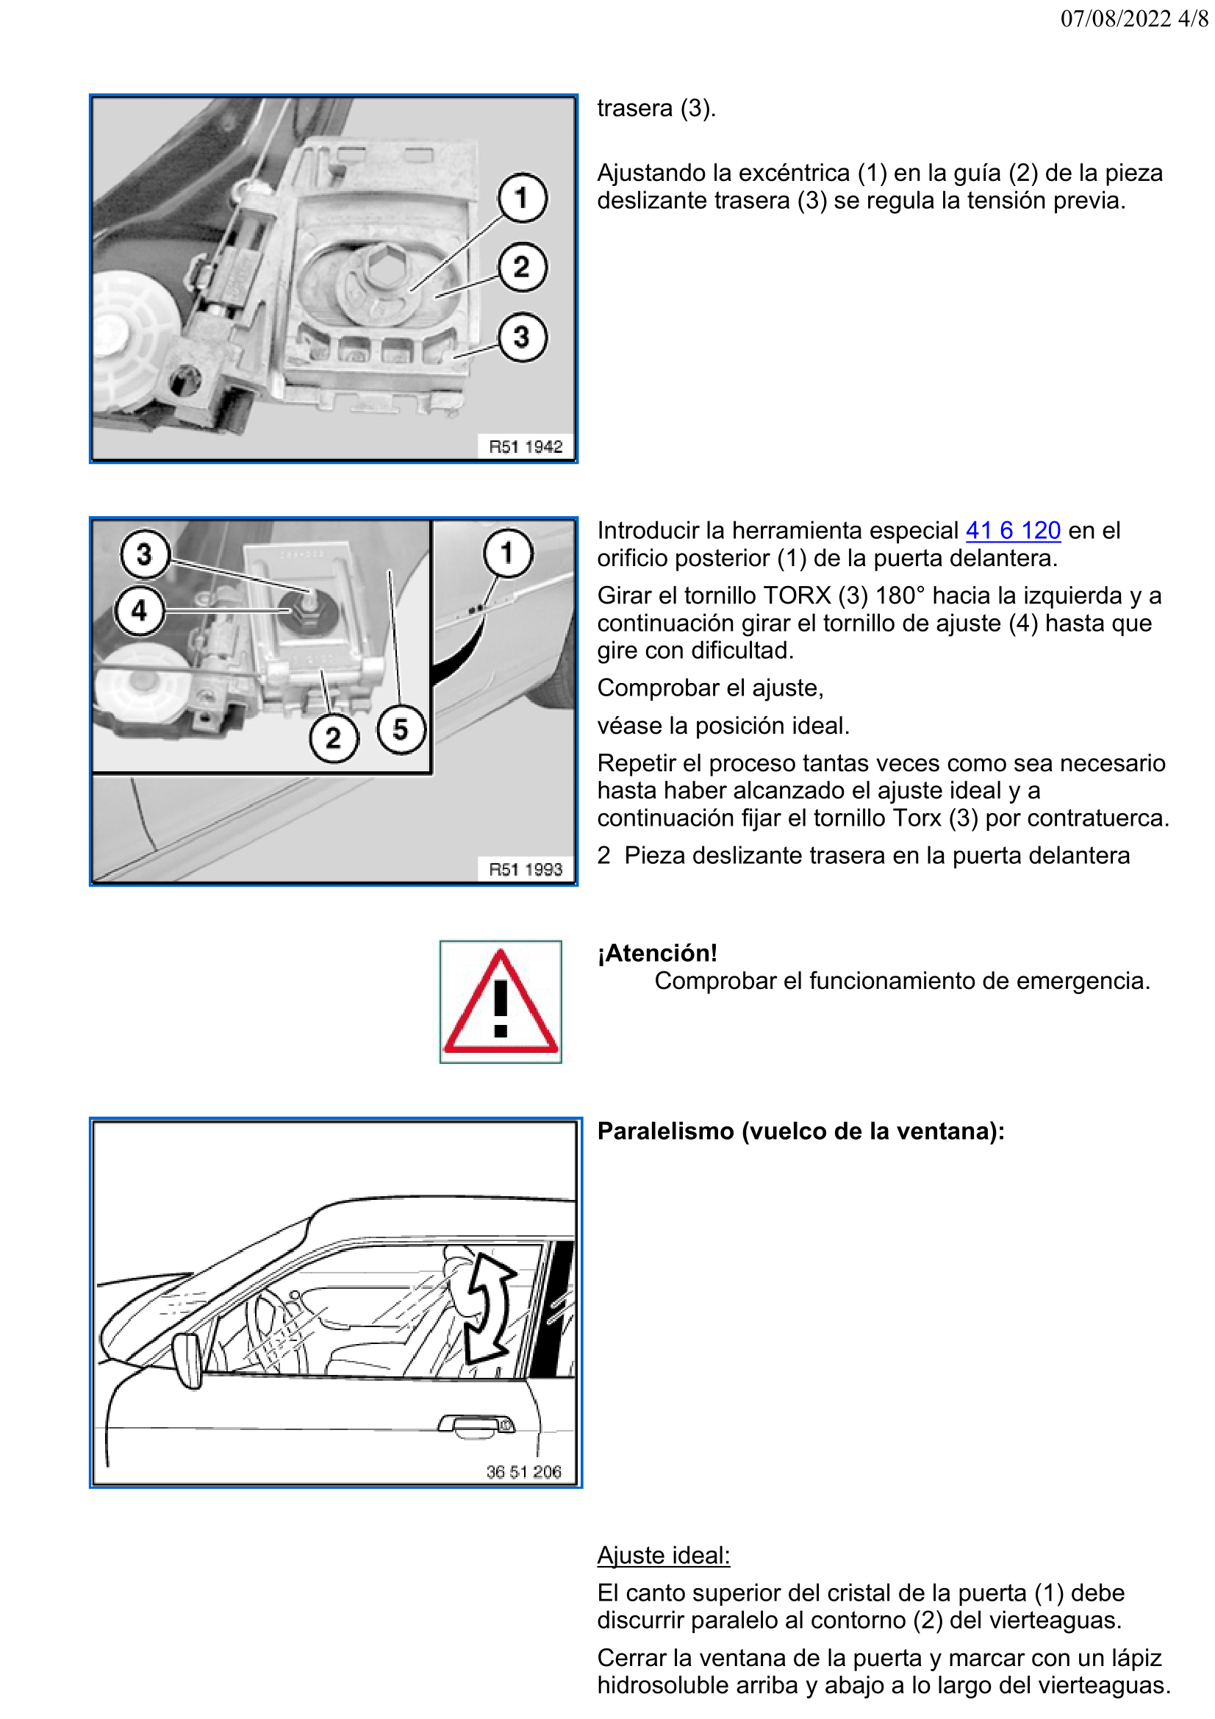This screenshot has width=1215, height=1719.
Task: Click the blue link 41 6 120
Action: coord(1012,530)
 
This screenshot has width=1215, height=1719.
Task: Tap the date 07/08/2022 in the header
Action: coord(1115,18)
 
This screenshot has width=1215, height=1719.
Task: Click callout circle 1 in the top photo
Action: coord(522,198)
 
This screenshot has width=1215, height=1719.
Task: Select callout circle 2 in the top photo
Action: coord(522,268)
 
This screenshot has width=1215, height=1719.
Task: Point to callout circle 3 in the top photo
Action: coord(522,337)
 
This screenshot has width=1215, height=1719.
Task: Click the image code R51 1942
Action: coord(525,447)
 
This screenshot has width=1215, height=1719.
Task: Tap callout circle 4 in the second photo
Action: coord(139,611)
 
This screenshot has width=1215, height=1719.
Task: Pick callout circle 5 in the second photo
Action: coord(401,729)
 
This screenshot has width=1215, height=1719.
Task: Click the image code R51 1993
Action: coord(525,869)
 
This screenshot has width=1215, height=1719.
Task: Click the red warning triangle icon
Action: coord(500,1004)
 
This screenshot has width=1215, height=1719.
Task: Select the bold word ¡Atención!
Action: coord(657,953)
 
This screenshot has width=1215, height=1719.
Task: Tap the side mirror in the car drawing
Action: coord(188,1359)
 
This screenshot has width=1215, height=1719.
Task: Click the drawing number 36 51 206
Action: coord(523,1472)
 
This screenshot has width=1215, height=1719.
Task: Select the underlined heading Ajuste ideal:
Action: coord(663,1555)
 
